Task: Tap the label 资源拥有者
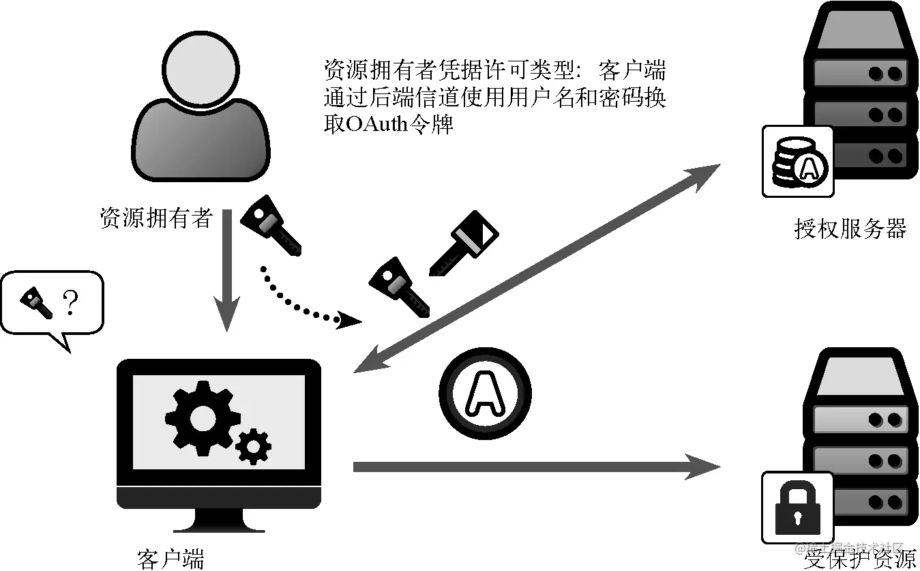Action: tap(156, 218)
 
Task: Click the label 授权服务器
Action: tap(850, 229)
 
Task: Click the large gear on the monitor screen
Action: tap(198, 416)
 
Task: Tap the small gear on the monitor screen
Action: tap(253, 447)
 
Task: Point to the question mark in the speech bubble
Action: tap(70, 302)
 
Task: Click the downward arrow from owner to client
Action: tap(228, 287)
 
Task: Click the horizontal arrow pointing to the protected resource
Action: tap(532, 467)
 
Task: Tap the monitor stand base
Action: tap(218, 525)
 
